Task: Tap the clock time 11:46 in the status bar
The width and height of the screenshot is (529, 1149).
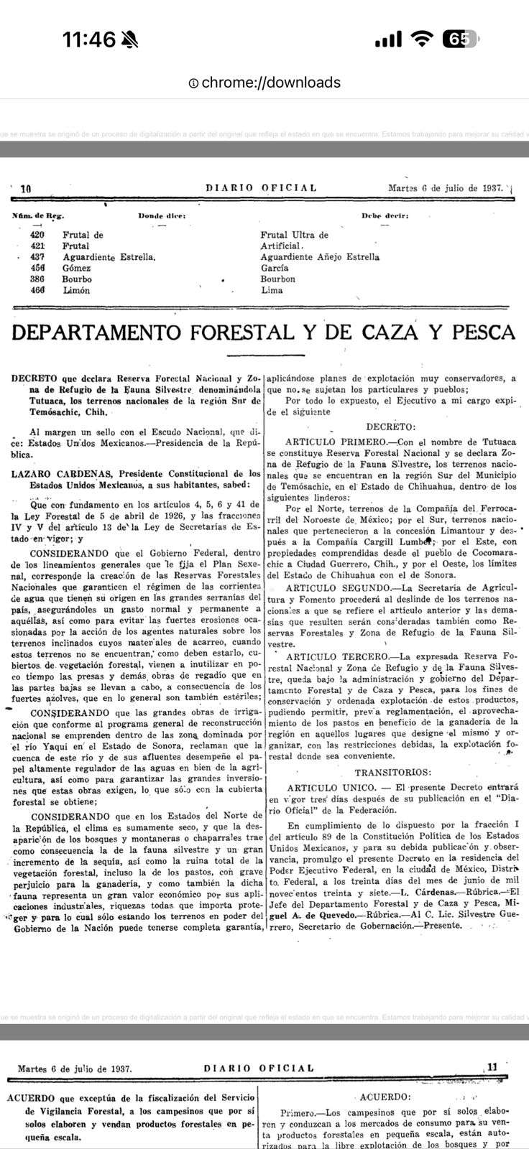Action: (88, 39)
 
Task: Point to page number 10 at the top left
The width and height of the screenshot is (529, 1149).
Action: (26, 189)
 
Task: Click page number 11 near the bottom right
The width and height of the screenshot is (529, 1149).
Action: (492, 1067)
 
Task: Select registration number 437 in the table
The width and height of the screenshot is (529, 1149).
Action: (37, 257)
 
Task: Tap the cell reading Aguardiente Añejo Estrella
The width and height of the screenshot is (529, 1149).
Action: (320, 257)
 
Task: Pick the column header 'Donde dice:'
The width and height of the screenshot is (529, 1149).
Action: (161, 215)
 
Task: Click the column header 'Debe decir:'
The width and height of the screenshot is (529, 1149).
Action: (385, 215)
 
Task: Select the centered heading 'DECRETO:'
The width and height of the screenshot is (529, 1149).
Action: (390, 427)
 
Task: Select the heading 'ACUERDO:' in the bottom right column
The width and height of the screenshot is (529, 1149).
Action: (385, 1097)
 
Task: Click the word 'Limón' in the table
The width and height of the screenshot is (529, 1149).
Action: (75, 290)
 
